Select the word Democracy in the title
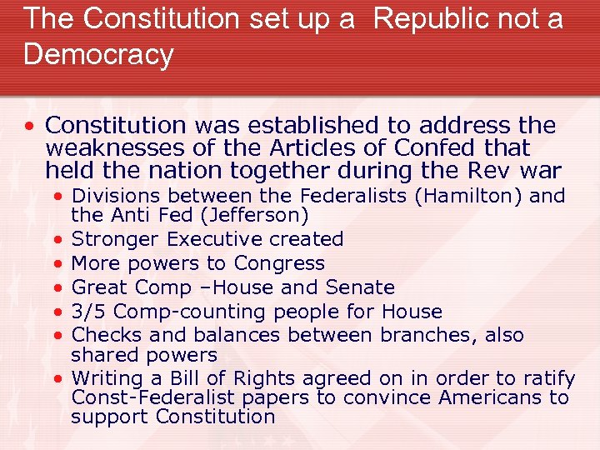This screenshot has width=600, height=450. click(99, 54)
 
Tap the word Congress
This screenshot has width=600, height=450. click(279, 264)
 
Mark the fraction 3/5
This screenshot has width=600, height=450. click(87, 312)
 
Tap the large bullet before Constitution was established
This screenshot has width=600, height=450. click(29, 127)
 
